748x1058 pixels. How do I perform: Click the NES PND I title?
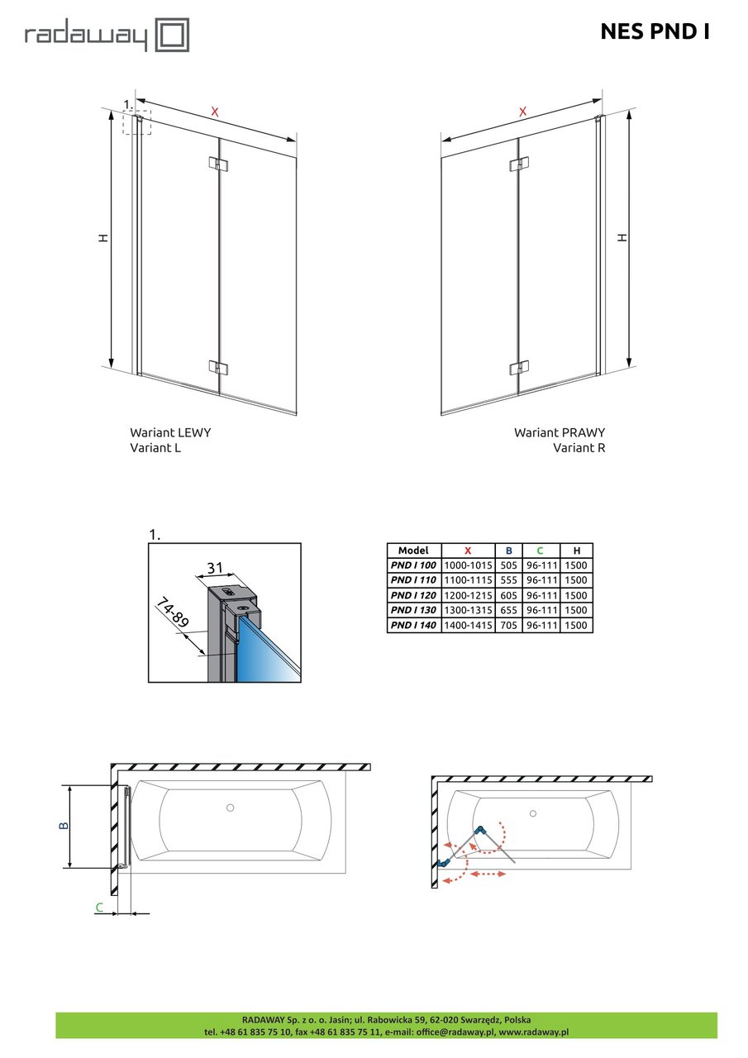click(655, 31)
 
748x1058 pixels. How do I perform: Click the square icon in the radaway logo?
click(173, 35)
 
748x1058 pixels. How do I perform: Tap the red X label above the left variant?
click(215, 112)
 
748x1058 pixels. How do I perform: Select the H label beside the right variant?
click(622, 237)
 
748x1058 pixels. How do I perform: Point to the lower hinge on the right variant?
click(519, 368)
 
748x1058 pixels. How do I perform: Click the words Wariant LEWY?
click(170, 432)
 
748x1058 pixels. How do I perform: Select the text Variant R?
click(579, 447)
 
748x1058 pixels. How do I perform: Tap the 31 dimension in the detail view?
click(215, 567)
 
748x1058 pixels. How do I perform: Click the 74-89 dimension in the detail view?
click(173, 612)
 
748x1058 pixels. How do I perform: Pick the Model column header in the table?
click(413, 550)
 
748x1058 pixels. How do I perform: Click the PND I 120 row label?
click(413, 595)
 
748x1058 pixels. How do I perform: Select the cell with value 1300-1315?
click(468, 610)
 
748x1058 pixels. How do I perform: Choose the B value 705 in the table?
click(508, 625)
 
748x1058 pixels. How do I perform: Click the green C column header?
click(541, 550)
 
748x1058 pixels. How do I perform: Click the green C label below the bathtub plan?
click(100, 908)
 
